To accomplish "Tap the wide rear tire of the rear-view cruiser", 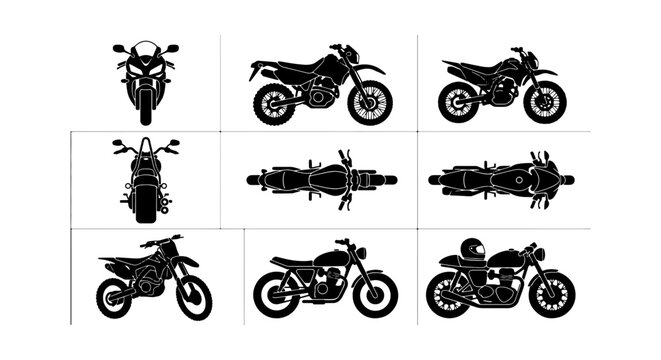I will tap(146, 205).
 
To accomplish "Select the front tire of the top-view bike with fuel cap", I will tap(566, 180).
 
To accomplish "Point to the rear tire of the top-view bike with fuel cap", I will tap(435, 180).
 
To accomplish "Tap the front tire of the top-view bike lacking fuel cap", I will tap(388, 180).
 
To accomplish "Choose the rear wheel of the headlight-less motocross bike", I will tap(114, 298).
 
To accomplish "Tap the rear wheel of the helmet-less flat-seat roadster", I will tap(273, 292).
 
